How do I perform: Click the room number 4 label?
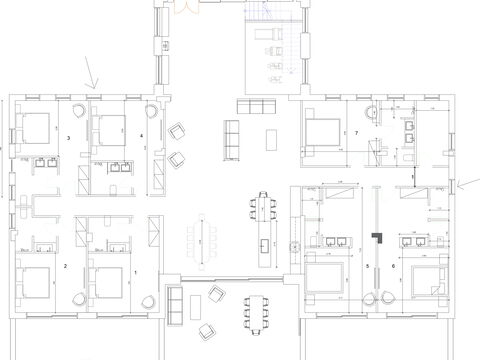coord(141,135)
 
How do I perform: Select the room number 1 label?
coord(135,271)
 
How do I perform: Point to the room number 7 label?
coord(356,132)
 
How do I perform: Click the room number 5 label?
coord(367,266)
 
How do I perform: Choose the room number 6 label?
coord(393,266)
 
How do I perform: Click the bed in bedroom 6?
coord(424,282)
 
